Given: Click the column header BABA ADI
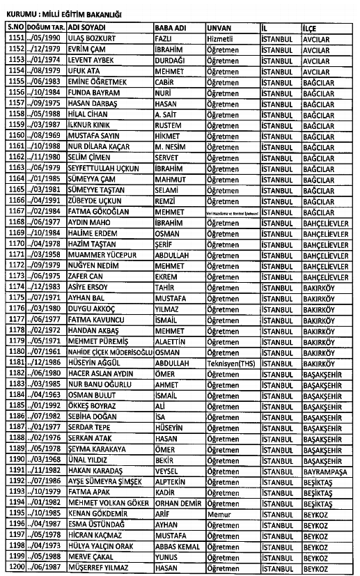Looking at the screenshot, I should click(172, 26).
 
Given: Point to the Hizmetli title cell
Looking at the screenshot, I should click(223, 38).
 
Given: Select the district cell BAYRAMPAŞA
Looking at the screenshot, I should click(327, 470).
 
